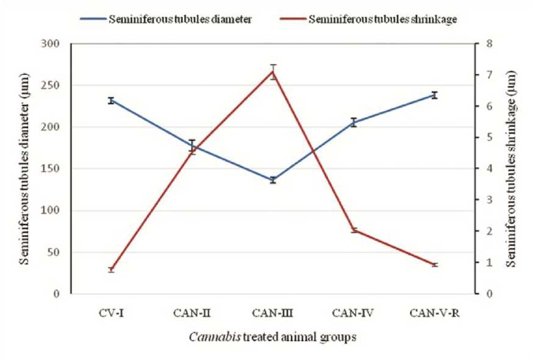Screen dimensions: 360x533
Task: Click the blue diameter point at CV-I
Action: [x=112, y=101]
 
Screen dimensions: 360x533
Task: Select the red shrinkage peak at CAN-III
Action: [x=273, y=71]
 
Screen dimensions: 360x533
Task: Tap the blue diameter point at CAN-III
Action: [x=273, y=180]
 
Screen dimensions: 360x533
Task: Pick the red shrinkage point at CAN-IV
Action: [x=354, y=230]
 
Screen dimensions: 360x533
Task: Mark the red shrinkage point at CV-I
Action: [x=112, y=270]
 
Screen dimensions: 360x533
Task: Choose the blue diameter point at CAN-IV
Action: [x=354, y=122]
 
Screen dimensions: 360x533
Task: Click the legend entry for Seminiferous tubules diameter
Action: [x=180, y=19]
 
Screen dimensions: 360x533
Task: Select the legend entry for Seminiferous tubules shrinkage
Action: [x=383, y=19]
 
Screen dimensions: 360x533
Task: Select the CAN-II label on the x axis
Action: [x=192, y=313]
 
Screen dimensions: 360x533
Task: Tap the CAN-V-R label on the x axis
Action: [x=435, y=313]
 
